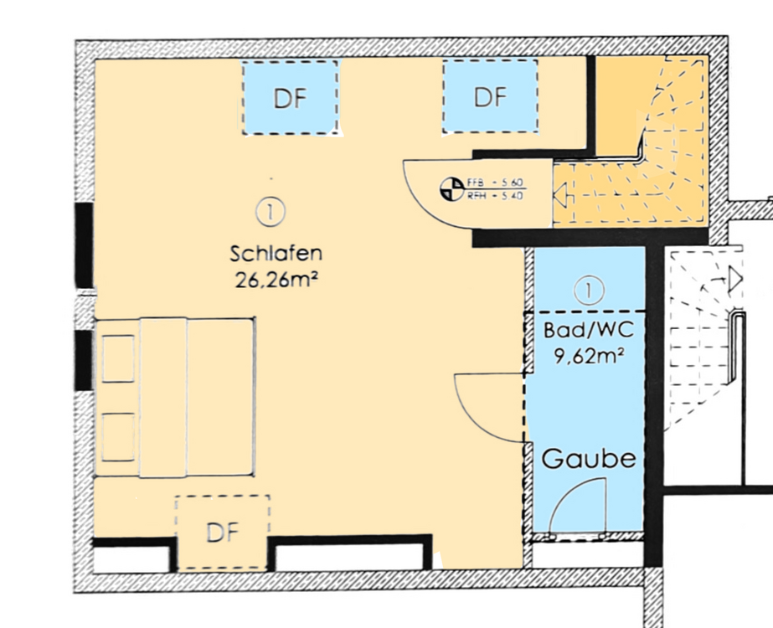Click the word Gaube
[x=589, y=460]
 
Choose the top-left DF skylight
[x=290, y=97]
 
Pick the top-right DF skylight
[x=490, y=96]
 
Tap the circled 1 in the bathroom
[x=590, y=291]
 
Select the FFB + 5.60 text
[x=496, y=183]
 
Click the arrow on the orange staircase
[x=560, y=197]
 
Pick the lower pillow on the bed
[x=117, y=435]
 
